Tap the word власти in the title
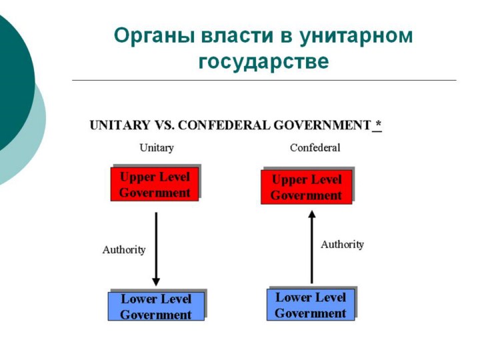tap(237, 35)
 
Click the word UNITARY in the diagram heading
tap(120, 125)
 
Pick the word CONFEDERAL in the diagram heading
tap(224, 125)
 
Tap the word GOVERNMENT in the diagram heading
tap(323, 125)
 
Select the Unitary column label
tap(157, 148)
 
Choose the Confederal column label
tap(315, 148)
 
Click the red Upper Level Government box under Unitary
tap(155, 184)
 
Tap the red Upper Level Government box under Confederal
tap(307, 187)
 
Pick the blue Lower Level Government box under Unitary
tap(156, 306)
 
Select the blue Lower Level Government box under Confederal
tap(311, 305)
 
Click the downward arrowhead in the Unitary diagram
tap(156, 282)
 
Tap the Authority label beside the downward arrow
tap(124, 250)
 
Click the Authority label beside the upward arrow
tap(342, 245)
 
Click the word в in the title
tap(286, 35)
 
